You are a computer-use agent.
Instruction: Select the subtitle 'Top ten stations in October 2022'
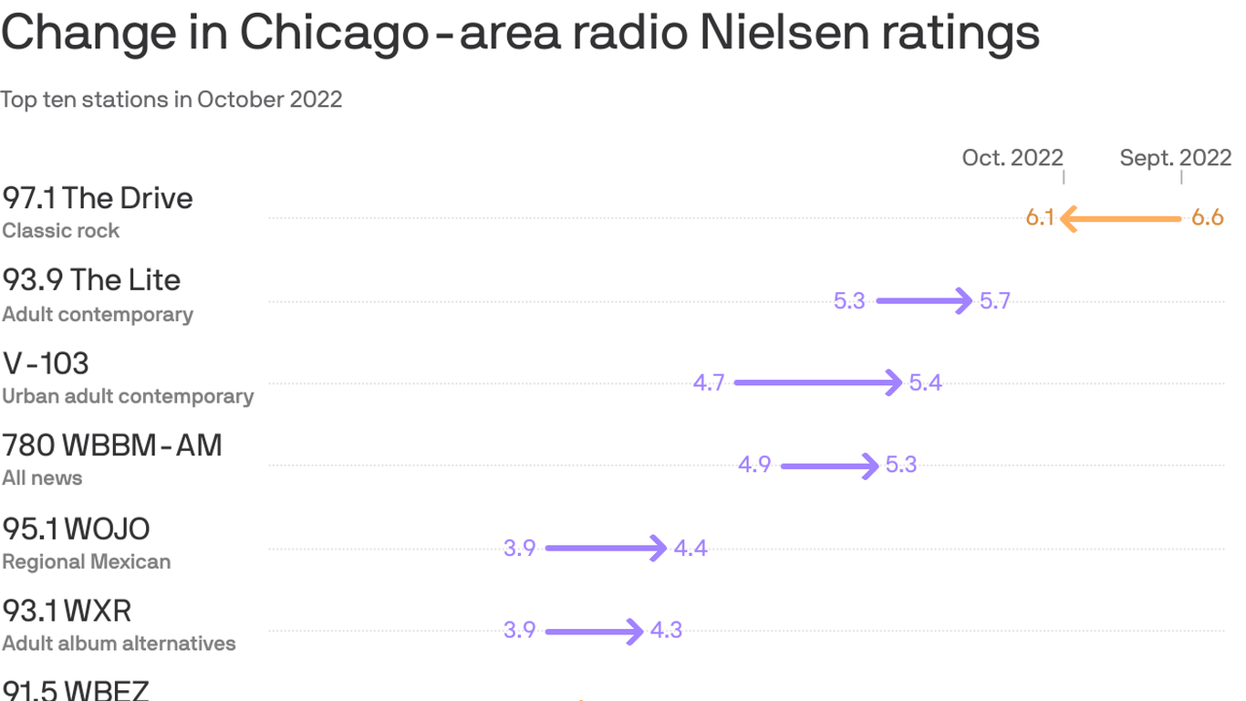pos(171,99)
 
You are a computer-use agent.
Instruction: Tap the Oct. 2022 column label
pos(1012,158)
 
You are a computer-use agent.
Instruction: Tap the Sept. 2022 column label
pos(1176,158)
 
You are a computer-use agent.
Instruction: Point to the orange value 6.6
pos(1207,218)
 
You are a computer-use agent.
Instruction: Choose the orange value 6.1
pos(1040,218)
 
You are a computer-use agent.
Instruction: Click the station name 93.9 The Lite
pos(91,280)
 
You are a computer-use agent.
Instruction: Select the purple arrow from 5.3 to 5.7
pos(924,300)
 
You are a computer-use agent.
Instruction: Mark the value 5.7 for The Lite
pos(995,301)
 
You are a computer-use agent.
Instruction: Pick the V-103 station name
pos(46,363)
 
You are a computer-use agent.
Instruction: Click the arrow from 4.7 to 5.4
pos(818,382)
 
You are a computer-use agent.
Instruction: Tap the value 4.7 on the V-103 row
pos(709,383)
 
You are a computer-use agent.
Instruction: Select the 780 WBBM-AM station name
pos(112,445)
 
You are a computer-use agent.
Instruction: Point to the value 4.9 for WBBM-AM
pos(754,466)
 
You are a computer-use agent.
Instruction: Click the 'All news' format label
pos(42,478)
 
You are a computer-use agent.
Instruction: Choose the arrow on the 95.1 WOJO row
pos(606,549)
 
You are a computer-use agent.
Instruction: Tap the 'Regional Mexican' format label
pos(87,561)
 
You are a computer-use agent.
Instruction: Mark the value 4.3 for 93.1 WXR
pos(666,631)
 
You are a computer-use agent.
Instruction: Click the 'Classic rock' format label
pos(61,231)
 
